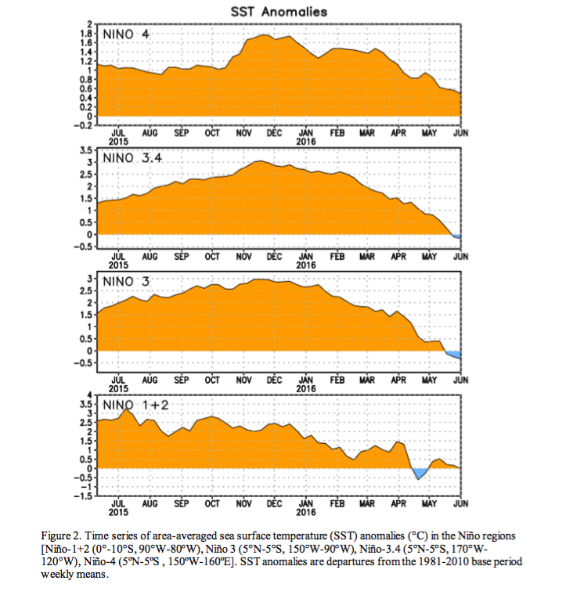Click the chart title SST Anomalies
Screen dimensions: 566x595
[x=279, y=12]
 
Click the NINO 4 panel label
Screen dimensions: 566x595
[x=126, y=34]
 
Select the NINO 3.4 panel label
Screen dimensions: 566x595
[x=132, y=158]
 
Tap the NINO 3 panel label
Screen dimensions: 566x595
[x=126, y=282]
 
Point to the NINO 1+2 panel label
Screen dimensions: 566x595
[x=135, y=406]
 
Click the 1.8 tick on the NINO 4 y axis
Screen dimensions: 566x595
[x=86, y=33]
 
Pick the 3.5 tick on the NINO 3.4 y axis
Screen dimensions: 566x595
[x=86, y=150]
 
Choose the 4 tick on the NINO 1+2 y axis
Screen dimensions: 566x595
[x=90, y=395]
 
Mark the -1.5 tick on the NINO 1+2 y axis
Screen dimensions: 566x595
[x=84, y=496]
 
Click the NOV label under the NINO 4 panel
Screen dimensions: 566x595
[x=243, y=133]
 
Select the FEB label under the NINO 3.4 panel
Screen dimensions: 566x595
[x=337, y=257]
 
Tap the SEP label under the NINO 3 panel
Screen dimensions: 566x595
[x=182, y=380]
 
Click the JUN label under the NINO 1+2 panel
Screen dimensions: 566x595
[x=461, y=504]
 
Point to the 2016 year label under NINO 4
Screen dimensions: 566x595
[x=306, y=142]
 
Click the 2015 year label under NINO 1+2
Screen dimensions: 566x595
[x=118, y=512]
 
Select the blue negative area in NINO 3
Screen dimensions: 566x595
[x=454, y=355]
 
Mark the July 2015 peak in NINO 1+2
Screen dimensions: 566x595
[x=126, y=409]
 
